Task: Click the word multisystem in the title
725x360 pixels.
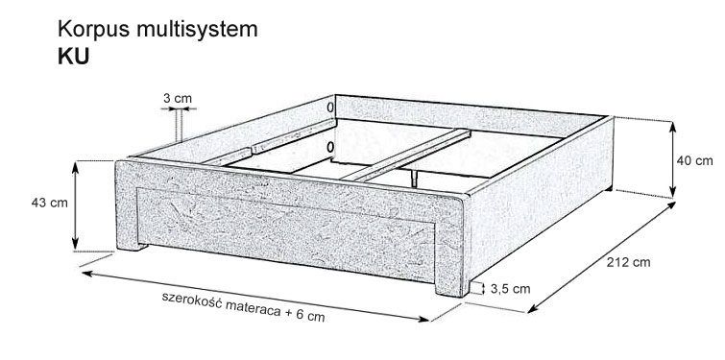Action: point(197,30)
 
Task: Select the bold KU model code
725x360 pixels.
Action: point(74,57)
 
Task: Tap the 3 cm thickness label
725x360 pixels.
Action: point(178,99)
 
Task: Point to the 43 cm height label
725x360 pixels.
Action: point(50,203)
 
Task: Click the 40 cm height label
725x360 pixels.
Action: point(695,161)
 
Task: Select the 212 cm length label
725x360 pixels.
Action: point(628,262)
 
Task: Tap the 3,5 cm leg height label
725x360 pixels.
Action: point(511,289)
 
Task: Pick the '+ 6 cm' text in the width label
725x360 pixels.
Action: point(304,315)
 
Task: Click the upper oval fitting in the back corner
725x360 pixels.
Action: point(330,108)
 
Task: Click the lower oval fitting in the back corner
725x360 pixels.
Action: point(330,148)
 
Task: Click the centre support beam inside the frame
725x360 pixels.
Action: point(407,156)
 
